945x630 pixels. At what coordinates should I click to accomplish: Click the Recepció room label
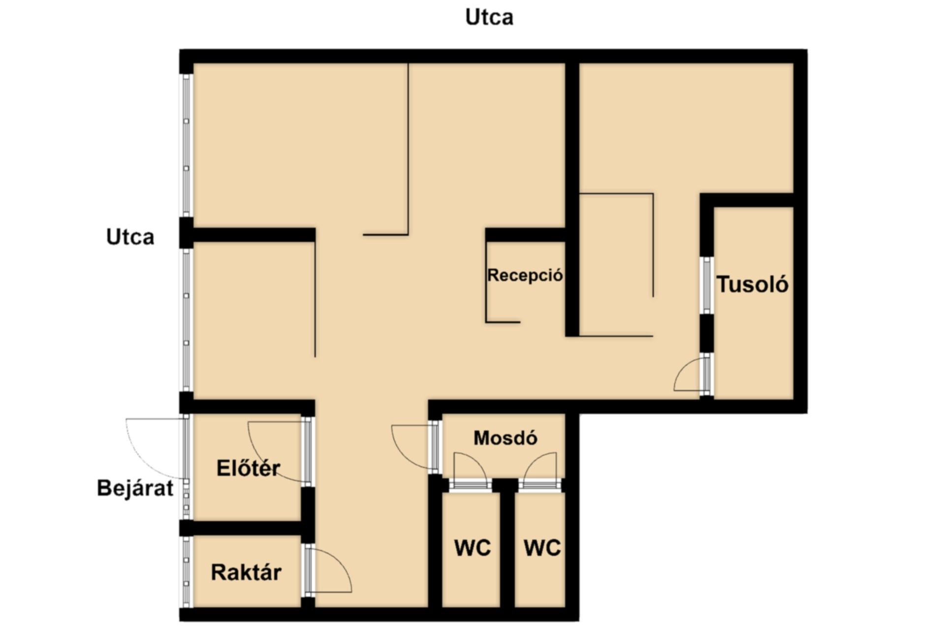[525, 275]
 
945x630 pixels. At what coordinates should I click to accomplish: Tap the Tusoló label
[752, 284]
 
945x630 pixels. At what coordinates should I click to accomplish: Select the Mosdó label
[505, 438]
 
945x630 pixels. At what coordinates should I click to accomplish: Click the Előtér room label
[248, 468]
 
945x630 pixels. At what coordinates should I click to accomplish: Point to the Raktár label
[246, 572]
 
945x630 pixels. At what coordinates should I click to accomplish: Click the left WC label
[472, 548]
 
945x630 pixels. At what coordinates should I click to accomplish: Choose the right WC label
[542, 548]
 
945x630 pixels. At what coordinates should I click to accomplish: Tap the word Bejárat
[135, 488]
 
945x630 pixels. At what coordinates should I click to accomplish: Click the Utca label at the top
[489, 17]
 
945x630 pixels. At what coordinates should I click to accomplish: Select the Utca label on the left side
[130, 237]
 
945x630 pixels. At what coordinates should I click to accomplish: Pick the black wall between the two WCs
[507, 549]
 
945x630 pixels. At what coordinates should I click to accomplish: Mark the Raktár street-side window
[186, 571]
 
